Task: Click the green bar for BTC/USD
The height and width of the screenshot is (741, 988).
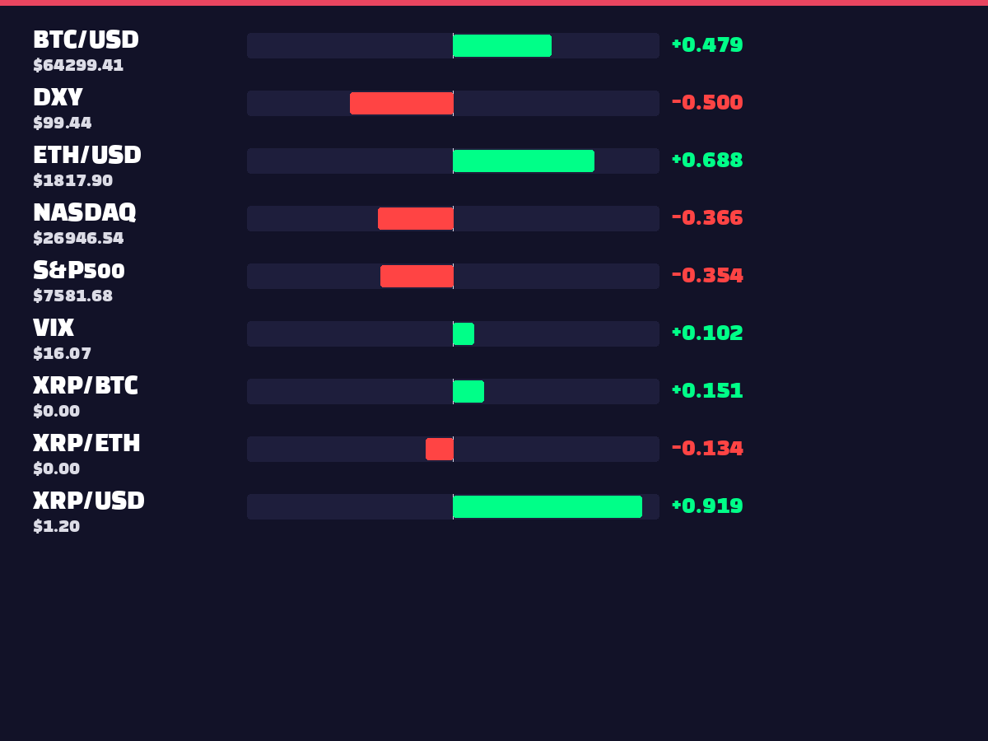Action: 502,45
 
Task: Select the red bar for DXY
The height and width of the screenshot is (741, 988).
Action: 402,103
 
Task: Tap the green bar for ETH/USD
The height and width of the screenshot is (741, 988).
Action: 524,161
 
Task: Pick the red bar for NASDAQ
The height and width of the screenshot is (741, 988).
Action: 416,218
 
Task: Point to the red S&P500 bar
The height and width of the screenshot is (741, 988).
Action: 417,276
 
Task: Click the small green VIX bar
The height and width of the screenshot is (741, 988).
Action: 464,333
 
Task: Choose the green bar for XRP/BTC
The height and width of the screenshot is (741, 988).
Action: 468,391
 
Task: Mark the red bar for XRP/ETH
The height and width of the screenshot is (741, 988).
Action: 440,449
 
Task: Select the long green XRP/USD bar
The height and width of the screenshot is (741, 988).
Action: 548,506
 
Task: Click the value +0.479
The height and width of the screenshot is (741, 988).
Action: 707,45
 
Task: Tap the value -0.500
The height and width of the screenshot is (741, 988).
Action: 707,103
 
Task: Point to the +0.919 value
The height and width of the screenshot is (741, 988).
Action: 707,506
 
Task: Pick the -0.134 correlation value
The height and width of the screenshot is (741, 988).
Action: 707,448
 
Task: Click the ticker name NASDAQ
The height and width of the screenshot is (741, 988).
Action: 85,212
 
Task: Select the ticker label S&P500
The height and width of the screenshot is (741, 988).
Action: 79,270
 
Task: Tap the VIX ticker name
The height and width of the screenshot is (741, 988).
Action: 54,328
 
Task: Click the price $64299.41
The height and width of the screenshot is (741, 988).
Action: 78,65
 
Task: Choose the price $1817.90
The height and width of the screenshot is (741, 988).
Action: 73,180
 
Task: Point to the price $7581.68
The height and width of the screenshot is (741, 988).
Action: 73,296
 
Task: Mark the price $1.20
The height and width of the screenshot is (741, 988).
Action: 57,526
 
